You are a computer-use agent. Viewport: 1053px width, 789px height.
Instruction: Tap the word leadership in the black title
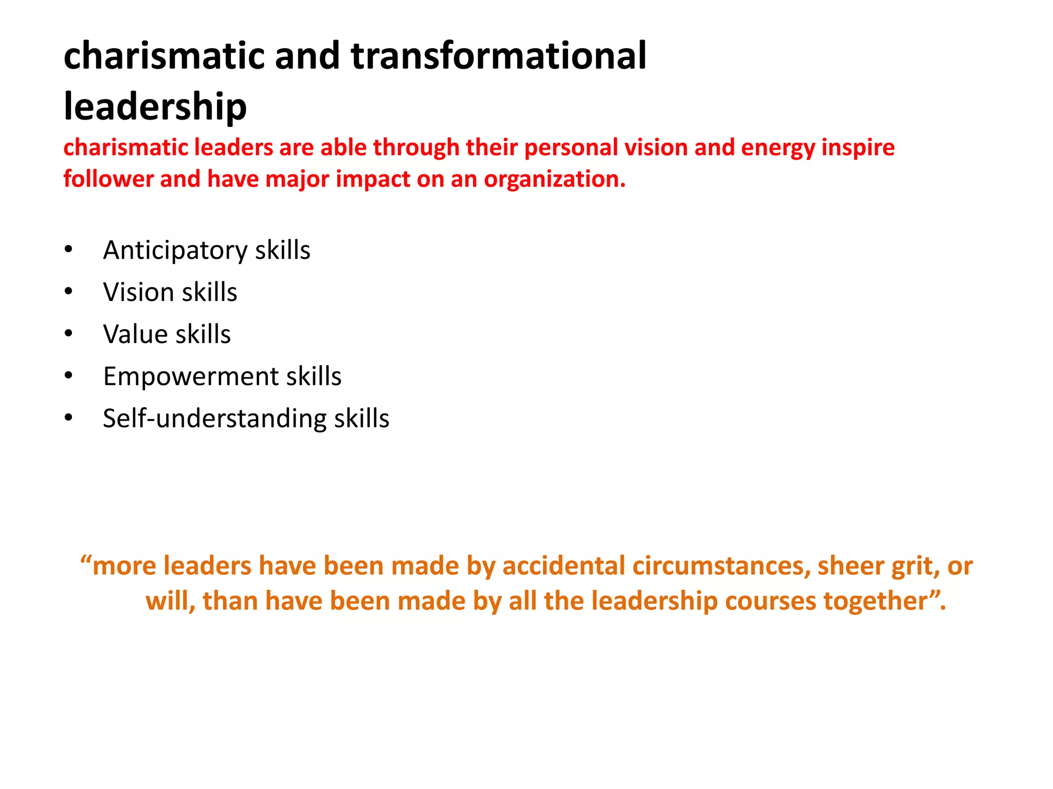click(x=155, y=107)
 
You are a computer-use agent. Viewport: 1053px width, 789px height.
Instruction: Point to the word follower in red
click(x=108, y=179)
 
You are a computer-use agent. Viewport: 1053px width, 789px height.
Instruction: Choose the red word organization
click(x=554, y=179)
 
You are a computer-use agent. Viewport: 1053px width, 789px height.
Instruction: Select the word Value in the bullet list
click(x=135, y=334)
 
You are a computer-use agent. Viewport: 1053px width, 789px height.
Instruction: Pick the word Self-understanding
click(x=214, y=419)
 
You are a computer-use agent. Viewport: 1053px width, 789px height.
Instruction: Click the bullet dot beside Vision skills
click(x=69, y=292)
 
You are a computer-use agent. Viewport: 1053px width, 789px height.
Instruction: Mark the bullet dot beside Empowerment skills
click(x=69, y=376)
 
